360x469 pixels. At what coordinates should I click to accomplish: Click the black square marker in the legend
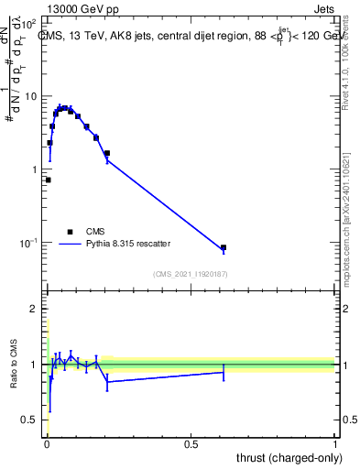[70, 232]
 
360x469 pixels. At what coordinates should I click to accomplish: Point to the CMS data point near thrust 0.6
[223, 248]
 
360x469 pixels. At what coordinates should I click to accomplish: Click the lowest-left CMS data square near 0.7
[48, 180]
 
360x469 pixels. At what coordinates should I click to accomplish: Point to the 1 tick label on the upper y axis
[35, 169]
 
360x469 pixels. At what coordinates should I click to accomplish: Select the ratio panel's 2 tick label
[35, 310]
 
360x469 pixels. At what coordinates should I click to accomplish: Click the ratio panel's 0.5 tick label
[30, 420]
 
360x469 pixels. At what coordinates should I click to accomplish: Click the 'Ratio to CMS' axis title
[15, 365]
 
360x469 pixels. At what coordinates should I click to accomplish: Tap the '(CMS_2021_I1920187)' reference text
[191, 274]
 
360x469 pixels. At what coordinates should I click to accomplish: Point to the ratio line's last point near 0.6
[223, 372]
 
